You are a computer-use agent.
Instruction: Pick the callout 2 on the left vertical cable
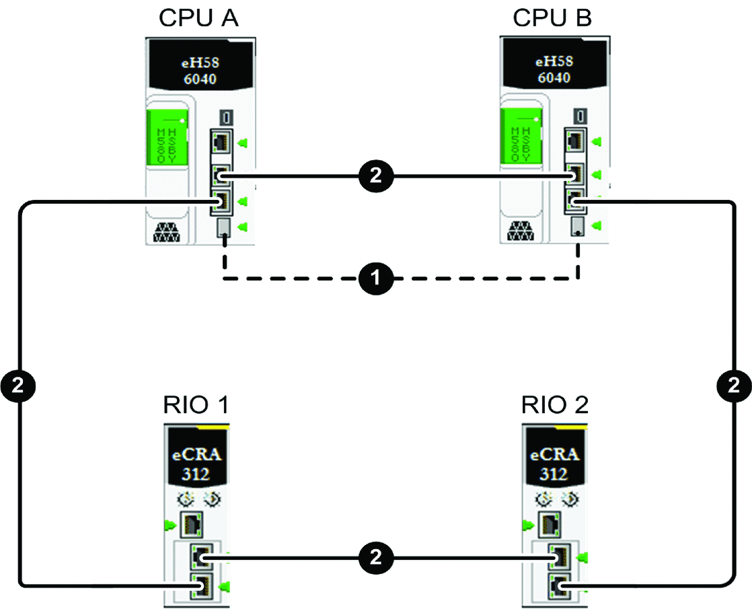point(19,386)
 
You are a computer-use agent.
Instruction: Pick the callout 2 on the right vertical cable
point(732,386)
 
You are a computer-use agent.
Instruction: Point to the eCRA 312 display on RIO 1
point(196,462)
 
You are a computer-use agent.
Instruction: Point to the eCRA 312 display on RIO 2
point(554,462)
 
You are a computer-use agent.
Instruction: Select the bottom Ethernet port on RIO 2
point(558,585)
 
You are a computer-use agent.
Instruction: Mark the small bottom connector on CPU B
point(576,227)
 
